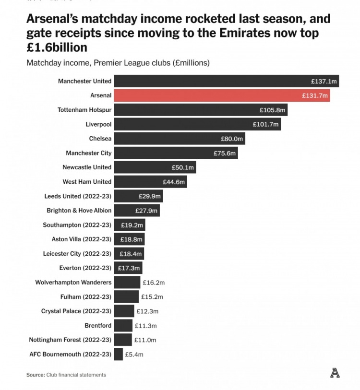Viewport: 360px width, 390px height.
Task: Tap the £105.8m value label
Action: (273, 110)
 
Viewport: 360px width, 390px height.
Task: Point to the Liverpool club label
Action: (98, 124)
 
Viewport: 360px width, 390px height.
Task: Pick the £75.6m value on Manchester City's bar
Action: (224, 153)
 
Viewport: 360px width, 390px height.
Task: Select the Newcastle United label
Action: (87, 167)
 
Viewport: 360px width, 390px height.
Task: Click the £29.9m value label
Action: (149, 196)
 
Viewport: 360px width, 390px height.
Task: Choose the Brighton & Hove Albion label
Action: (79, 211)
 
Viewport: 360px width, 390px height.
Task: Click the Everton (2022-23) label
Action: (85, 268)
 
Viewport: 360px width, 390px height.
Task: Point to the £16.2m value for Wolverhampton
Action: (154, 283)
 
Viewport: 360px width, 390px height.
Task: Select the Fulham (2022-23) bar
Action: (126, 297)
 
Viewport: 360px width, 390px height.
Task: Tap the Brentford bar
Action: (123, 326)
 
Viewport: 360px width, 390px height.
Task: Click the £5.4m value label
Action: (134, 355)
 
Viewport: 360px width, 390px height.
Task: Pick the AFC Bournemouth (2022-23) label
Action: (70, 355)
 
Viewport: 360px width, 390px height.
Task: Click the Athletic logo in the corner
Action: (335, 372)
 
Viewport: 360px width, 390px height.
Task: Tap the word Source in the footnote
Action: (35, 375)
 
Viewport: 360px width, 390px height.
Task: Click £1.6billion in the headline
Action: (57, 47)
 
